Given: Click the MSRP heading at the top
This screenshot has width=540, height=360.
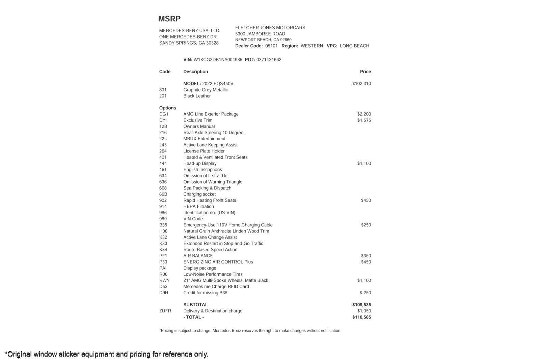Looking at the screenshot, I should (x=169, y=19).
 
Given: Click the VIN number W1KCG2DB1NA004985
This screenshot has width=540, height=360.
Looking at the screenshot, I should (x=218, y=60).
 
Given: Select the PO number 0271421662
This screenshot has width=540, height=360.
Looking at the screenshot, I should (x=269, y=60).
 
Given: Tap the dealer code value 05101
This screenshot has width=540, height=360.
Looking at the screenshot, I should (x=271, y=46).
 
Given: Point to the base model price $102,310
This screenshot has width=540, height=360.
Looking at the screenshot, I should (x=361, y=84).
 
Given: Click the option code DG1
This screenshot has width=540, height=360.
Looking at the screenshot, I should (x=164, y=114).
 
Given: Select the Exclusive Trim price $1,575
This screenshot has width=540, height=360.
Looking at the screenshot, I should (x=364, y=120).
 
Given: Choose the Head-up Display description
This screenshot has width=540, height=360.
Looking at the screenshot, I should (x=200, y=164).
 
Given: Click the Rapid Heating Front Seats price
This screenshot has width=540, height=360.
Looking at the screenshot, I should (x=366, y=200).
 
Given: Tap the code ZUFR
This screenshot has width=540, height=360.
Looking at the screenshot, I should (x=165, y=311).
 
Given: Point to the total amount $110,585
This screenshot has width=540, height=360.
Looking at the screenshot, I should (x=361, y=317).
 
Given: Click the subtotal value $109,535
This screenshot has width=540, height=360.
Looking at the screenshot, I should (x=361, y=305).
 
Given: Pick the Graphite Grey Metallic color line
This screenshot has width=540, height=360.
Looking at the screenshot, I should (x=206, y=90).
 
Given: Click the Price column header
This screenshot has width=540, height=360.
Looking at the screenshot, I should (x=365, y=72).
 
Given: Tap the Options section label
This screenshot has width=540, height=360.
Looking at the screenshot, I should (x=168, y=108).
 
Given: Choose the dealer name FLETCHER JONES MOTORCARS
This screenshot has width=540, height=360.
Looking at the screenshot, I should (x=270, y=28).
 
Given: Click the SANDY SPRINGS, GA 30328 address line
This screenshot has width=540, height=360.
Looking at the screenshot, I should (x=189, y=43).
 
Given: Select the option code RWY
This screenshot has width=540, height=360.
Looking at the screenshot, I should (x=164, y=281).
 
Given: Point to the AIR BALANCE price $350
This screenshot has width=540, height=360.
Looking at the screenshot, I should (x=366, y=256).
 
